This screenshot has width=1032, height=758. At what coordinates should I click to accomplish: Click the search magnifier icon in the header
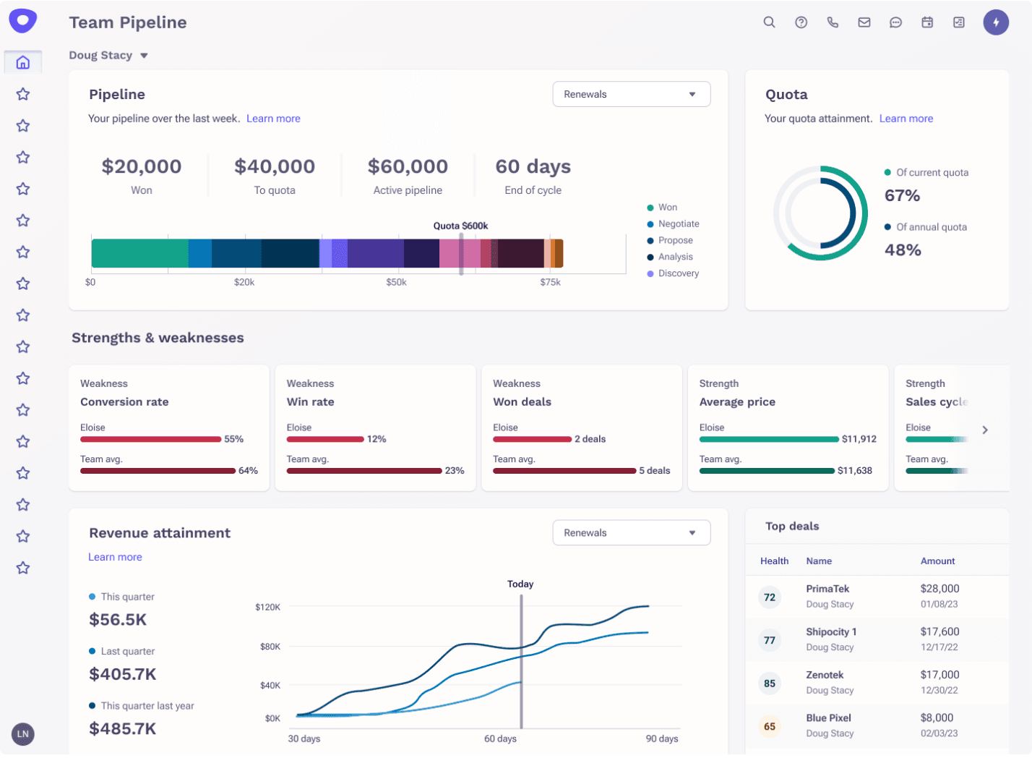point(769,22)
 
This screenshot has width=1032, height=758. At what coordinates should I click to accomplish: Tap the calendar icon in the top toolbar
point(927,22)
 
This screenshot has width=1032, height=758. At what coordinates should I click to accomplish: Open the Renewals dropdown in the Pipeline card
point(631,94)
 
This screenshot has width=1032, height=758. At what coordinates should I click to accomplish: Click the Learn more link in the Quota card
point(906,119)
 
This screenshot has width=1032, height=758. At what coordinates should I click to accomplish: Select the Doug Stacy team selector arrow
point(144,56)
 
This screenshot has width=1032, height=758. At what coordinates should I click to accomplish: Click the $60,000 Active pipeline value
point(408,166)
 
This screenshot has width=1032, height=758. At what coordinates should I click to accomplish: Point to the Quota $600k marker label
point(460,226)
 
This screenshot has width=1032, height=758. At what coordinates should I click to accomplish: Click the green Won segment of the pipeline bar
point(139,254)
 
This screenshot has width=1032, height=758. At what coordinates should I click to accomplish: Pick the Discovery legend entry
point(678,273)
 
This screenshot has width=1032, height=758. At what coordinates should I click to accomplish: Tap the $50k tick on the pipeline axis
point(396,282)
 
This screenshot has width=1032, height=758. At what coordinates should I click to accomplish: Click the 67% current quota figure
point(902,195)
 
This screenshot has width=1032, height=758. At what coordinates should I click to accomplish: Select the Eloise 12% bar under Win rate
point(325,439)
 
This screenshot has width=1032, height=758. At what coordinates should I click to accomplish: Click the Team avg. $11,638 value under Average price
point(854,471)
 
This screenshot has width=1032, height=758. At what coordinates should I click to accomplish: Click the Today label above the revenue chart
point(520,584)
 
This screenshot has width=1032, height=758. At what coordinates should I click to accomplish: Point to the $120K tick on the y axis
point(267,607)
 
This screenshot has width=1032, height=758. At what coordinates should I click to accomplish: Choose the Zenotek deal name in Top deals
point(825,675)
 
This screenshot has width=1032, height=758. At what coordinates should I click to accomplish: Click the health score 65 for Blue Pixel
point(770,726)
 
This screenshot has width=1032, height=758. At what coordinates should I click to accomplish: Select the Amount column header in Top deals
point(937,561)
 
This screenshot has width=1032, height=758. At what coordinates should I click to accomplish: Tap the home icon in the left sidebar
point(23,63)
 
